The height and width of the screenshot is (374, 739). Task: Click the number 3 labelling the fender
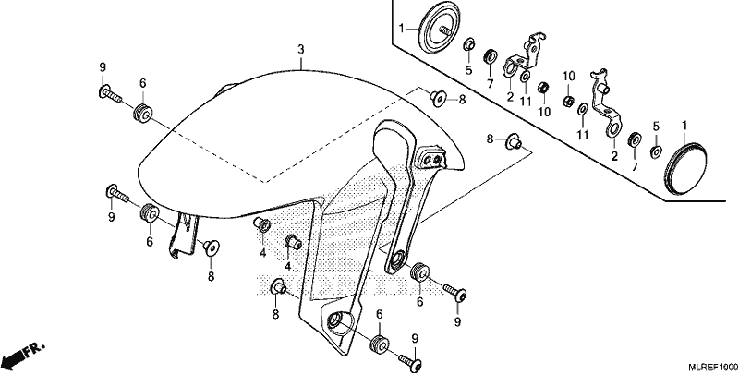(x=301, y=49)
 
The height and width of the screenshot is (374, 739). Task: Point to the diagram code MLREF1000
(x=712, y=367)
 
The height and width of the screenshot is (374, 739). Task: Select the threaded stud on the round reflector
(x=444, y=30)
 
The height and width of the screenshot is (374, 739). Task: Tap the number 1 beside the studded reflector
(x=402, y=29)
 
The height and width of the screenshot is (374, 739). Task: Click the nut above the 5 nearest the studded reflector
(x=469, y=45)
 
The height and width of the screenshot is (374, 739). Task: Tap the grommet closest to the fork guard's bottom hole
(x=380, y=343)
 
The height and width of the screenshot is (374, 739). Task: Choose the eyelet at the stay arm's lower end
(x=397, y=260)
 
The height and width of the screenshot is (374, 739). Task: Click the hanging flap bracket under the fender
(x=183, y=235)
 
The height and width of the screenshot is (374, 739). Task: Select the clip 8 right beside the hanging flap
(x=210, y=247)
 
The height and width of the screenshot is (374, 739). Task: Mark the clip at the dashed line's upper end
(x=437, y=98)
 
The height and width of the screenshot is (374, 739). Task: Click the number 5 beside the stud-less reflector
(x=656, y=127)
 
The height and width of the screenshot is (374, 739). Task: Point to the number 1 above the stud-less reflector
(x=684, y=126)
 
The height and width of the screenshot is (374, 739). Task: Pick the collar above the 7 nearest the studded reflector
(x=491, y=56)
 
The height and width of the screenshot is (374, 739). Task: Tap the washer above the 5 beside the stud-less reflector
(x=656, y=151)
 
